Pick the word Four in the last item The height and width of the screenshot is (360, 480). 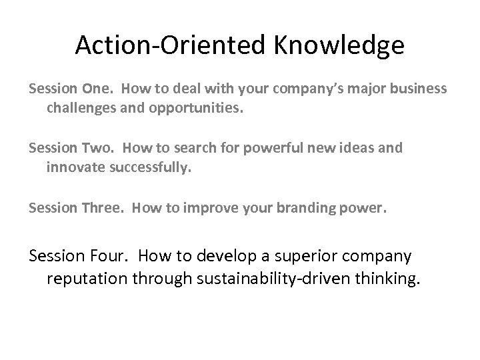(110, 256)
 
